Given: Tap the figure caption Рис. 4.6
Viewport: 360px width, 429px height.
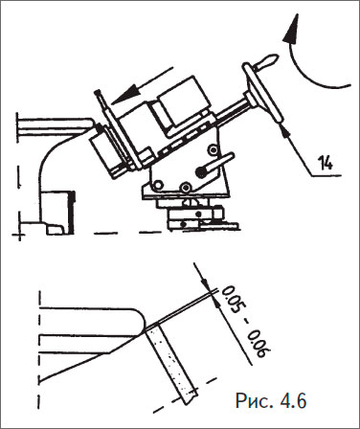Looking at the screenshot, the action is click(x=271, y=400).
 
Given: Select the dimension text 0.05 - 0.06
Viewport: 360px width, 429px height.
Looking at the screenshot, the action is click(x=246, y=323).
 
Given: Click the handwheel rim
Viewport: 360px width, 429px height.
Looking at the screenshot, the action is click(x=262, y=92).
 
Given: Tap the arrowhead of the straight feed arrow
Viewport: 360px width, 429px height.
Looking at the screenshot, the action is click(x=125, y=95).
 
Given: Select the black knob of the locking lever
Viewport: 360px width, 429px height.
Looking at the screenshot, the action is click(x=201, y=172).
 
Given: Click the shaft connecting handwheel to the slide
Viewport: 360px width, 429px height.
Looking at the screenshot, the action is click(x=231, y=110).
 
